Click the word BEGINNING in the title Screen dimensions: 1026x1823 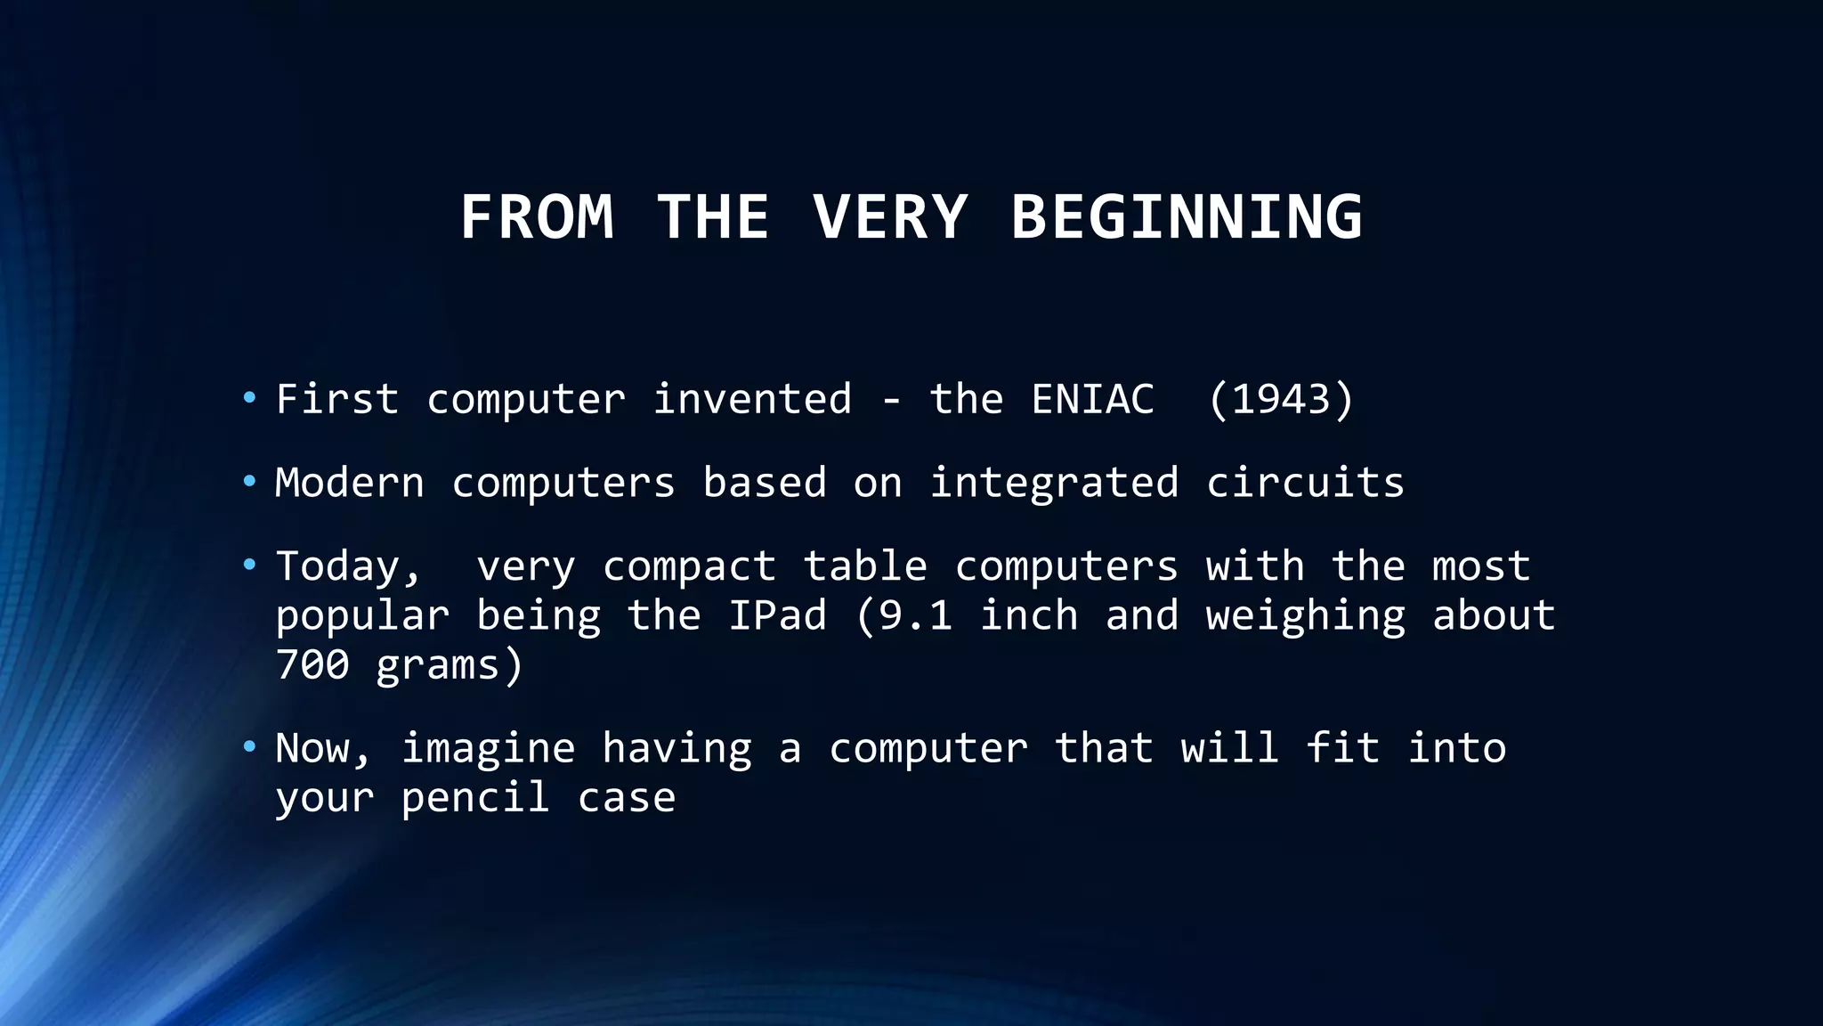pos(1186,217)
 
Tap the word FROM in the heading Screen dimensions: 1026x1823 pos(537,217)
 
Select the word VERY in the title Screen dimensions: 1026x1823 pos(889,217)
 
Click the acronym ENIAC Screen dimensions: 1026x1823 pos(1092,399)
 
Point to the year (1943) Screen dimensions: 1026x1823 pos(1281,399)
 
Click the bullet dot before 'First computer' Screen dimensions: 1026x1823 pos(249,397)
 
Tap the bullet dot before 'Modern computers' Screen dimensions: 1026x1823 pos(249,482)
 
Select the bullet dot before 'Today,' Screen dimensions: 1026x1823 pos(249,565)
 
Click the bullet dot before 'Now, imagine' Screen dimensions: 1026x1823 pos(249,746)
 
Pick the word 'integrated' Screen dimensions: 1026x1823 pos(1054,484)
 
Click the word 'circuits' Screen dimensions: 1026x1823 pos(1305,483)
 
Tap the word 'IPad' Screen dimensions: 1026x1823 pos(777,615)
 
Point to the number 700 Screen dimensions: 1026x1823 pos(312,665)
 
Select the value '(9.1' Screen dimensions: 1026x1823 pos(903,615)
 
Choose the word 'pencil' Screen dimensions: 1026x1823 pos(474,798)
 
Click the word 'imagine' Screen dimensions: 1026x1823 pos(488,749)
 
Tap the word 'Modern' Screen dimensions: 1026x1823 pos(350,483)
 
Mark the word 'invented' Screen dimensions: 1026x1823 pos(752,399)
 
